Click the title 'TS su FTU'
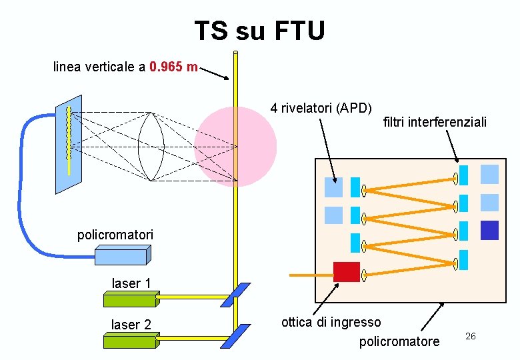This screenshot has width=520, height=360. [260, 31]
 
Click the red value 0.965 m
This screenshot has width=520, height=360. [173, 67]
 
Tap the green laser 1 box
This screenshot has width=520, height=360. [130, 299]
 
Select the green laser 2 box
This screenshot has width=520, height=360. [130, 341]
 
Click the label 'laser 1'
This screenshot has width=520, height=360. [131, 283]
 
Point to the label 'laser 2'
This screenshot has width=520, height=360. [131, 325]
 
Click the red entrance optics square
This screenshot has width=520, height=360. [346, 271]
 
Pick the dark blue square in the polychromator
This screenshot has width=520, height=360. [489, 230]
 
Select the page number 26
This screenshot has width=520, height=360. [470, 336]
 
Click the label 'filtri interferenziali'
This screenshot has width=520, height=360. [435, 122]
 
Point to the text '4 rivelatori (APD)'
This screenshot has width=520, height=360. [321, 107]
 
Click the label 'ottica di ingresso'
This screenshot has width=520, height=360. [331, 323]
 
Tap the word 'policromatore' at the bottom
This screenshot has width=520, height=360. [399, 342]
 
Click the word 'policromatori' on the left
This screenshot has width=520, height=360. [115, 235]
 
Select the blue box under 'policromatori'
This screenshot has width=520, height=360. [122, 255]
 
